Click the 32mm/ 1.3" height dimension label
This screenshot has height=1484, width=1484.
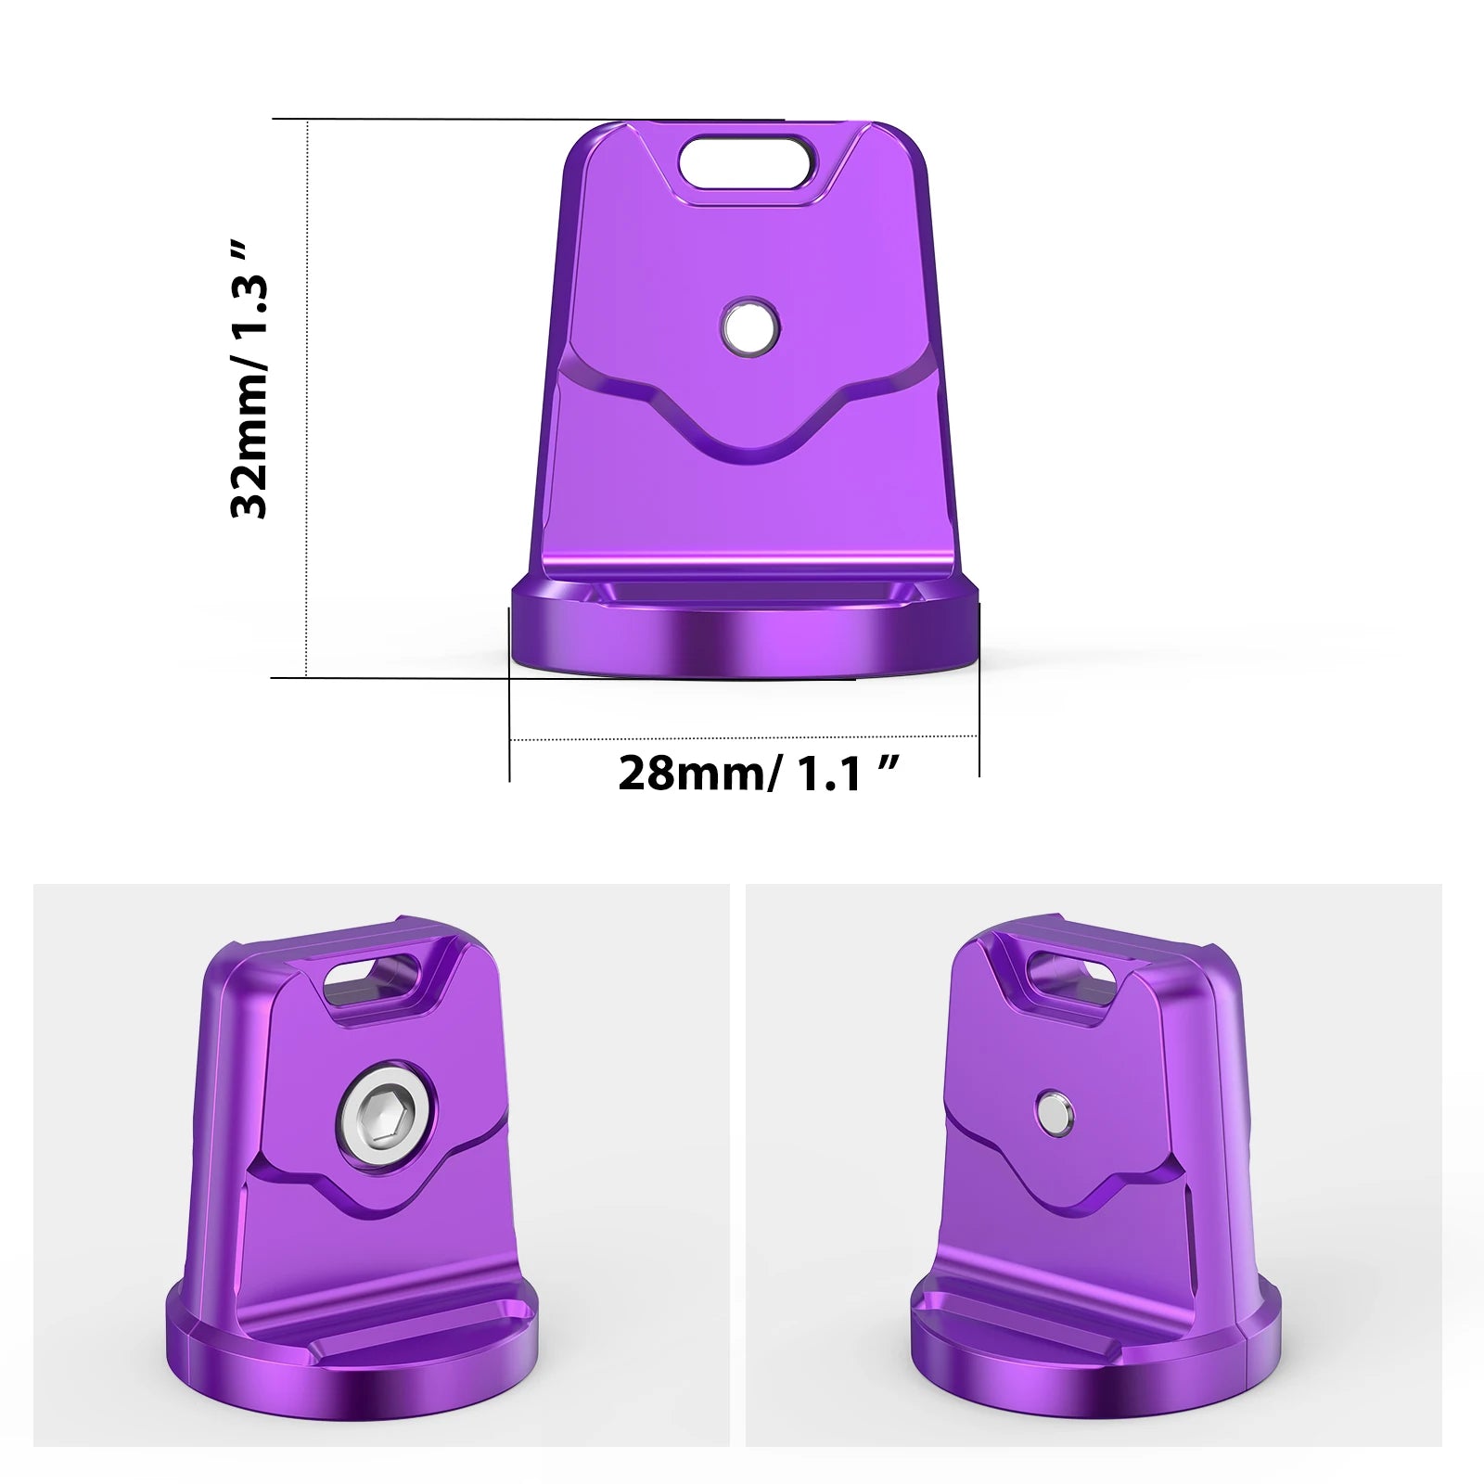click(250, 380)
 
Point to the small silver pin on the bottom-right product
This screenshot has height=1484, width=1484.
click(1055, 1113)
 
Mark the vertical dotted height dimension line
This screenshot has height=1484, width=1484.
click(307, 399)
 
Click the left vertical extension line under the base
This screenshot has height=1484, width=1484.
click(510, 733)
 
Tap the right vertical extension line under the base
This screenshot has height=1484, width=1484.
click(979, 733)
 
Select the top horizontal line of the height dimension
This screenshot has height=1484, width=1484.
click(529, 120)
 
